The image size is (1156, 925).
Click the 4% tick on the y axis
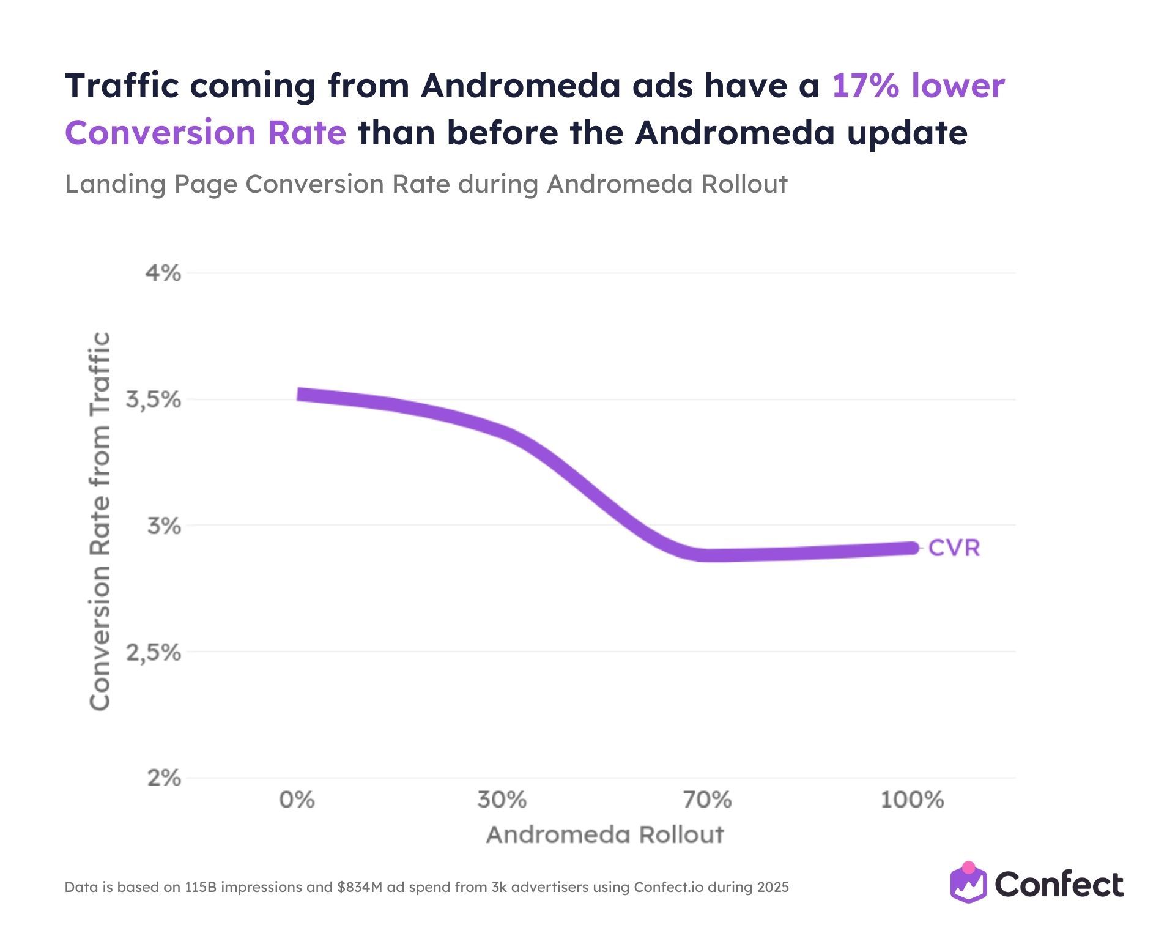163,273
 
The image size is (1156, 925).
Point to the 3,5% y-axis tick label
154,400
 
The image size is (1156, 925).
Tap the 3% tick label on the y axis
164,526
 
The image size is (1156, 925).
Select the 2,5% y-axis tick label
154,653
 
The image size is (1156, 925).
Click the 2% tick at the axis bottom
164,778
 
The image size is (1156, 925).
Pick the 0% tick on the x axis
297,800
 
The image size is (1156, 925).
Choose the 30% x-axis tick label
502,800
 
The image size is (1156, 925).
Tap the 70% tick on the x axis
708,800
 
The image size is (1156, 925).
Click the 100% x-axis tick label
912,800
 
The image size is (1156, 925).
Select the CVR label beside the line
954,548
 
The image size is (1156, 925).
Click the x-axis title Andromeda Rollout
605,834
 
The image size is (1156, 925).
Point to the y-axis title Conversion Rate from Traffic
100,521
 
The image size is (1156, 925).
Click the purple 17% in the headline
865,86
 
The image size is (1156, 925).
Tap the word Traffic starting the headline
122,86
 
